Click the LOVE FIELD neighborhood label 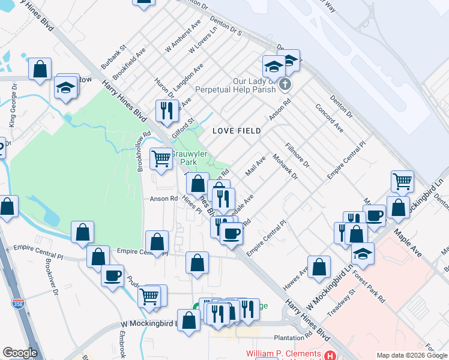click(236, 130)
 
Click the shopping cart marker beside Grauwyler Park click(161, 160)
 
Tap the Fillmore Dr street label click(297, 154)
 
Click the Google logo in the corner click(20, 353)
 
